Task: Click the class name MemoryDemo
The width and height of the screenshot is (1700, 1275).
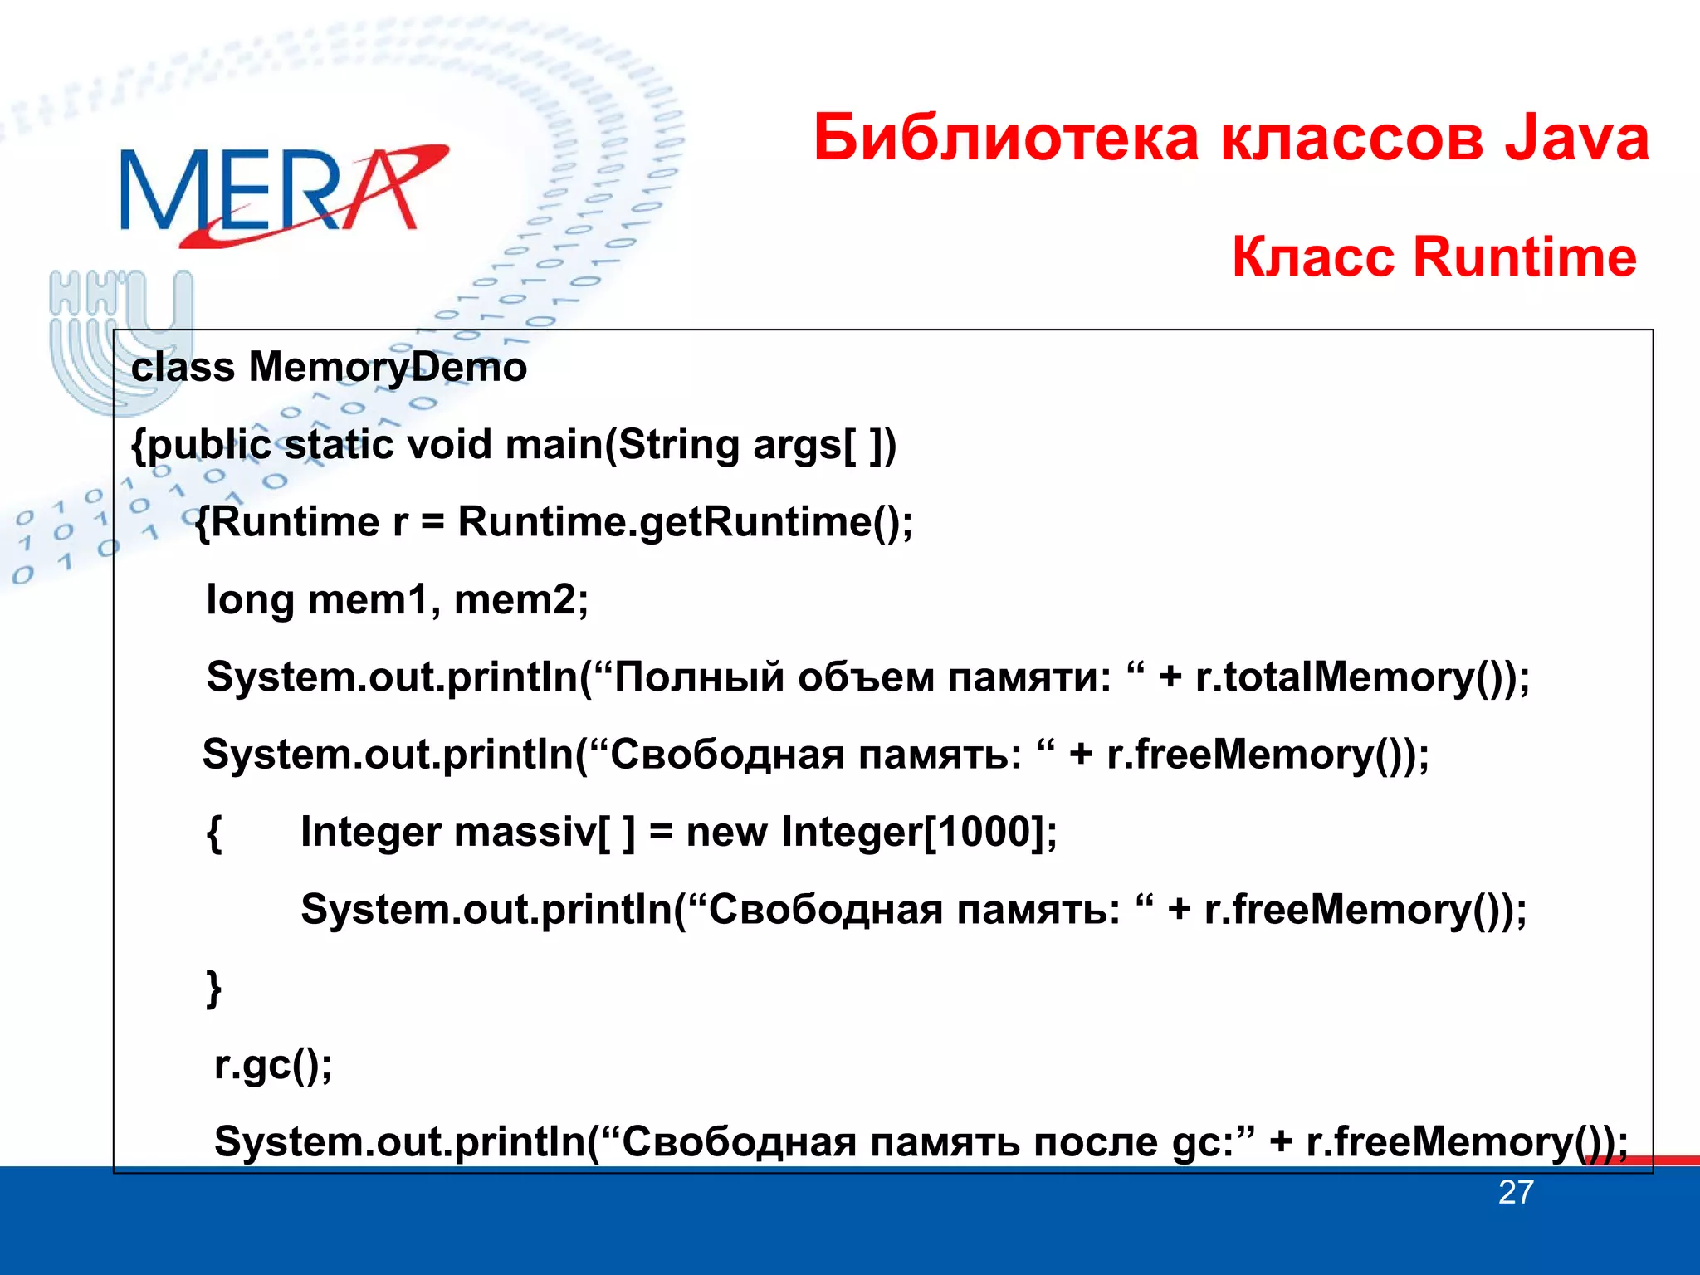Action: point(388,367)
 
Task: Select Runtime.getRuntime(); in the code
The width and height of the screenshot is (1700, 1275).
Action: point(685,522)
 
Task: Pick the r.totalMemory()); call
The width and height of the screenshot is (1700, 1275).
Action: point(1362,677)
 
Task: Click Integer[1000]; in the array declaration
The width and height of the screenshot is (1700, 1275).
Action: point(919,832)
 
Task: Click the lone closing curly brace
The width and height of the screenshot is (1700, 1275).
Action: point(214,988)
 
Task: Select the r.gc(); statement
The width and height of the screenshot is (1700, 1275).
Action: point(273,1066)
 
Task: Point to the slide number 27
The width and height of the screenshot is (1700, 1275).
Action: point(1515,1193)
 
